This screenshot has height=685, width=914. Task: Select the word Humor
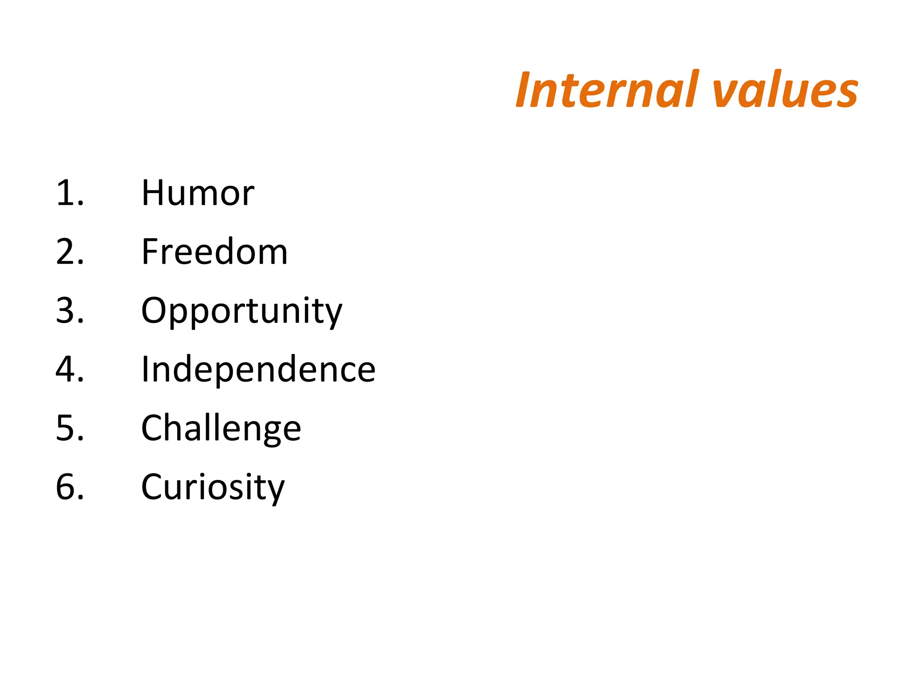(198, 193)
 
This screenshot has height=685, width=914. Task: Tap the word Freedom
(214, 252)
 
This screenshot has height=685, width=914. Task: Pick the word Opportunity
(241, 311)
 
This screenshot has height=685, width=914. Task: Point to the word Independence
(258, 369)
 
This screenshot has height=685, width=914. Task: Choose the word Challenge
(221, 428)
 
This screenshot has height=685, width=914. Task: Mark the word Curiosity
(212, 487)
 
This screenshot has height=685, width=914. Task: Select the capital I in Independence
(145, 369)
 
